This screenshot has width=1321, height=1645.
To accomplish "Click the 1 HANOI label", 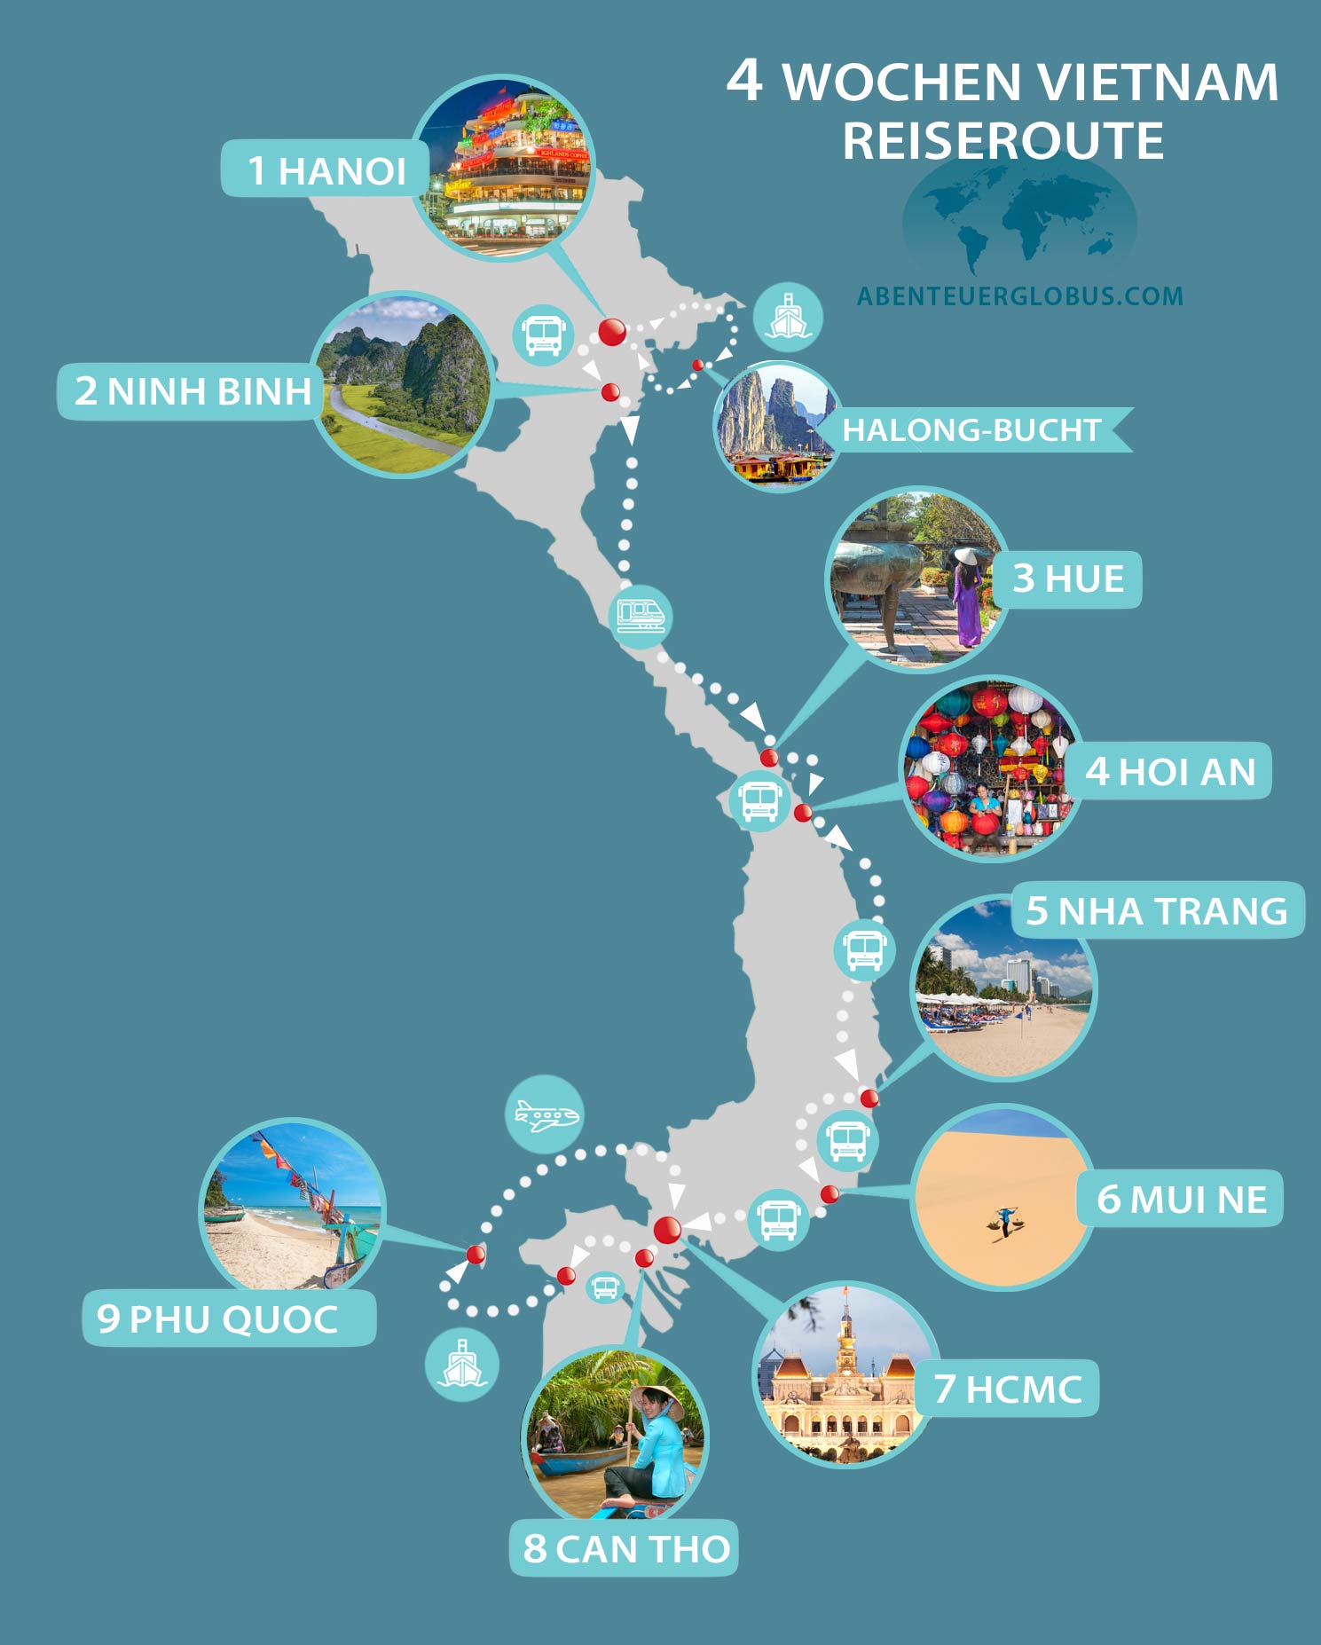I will pyautogui.click(x=326, y=169).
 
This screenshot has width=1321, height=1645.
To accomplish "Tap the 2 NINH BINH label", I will pyautogui.click(x=191, y=391).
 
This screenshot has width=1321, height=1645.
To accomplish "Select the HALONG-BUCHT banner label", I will pyautogui.click(x=971, y=430).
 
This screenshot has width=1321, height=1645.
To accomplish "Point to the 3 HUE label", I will pyautogui.click(x=1068, y=579).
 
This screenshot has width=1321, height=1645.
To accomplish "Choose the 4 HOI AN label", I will pyautogui.click(x=1170, y=771).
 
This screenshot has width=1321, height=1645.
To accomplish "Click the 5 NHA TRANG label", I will pyautogui.click(x=1156, y=910).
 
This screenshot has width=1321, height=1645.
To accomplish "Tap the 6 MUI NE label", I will pyautogui.click(x=1181, y=1199).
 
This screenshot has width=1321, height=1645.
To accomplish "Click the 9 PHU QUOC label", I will pyautogui.click(x=217, y=1318).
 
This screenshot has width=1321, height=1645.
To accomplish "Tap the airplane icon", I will pyautogui.click(x=545, y=1115).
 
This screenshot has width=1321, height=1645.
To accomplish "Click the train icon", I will pyautogui.click(x=641, y=613).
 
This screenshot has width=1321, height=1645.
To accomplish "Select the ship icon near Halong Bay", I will pyautogui.click(x=788, y=317).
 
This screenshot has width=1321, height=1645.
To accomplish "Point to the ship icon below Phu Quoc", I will pyautogui.click(x=461, y=1364).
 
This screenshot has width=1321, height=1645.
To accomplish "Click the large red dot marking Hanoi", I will pyautogui.click(x=612, y=332).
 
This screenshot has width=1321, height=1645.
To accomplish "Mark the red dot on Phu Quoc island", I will pyautogui.click(x=476, y=1254).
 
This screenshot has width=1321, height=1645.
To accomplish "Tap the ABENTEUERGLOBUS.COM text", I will pyautogui.click(x=1019, y=296).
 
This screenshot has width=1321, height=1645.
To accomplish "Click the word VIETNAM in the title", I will pyautogui.click(x=1157, y=83).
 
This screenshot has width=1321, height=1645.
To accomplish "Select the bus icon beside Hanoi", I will pyautogui.click(x=543, y=335).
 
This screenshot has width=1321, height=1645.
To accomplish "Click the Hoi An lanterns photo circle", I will pyautogui.click(x=991, y=768).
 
